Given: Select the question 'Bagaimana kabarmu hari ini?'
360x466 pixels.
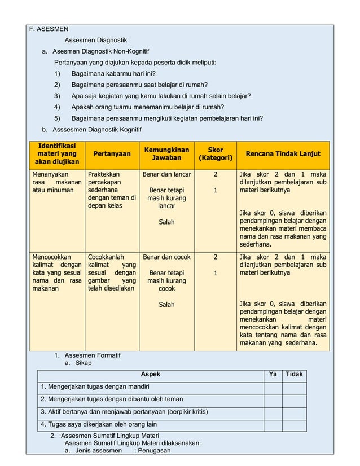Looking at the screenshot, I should coord(113,73).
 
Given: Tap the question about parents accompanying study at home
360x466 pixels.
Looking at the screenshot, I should coord(147,107).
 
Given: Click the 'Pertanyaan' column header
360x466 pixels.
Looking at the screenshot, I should coord(112,153).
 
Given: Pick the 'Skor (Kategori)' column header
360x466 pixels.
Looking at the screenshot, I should coord(215,154).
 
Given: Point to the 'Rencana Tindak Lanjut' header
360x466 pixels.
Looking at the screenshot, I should coord(283,153).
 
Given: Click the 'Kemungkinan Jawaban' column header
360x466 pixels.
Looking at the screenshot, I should coord(166,154).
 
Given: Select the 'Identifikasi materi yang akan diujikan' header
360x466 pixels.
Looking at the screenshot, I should coord(57,153).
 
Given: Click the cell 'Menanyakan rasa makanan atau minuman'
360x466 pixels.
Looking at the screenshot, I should coord(57,182).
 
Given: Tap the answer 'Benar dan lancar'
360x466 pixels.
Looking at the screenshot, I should coord(166,174).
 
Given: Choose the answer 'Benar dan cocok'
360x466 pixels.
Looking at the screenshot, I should coord(166,257).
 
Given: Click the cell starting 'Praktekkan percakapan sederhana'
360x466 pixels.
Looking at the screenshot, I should coord(112,190).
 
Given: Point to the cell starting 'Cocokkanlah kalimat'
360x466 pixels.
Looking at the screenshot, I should coord(112,272).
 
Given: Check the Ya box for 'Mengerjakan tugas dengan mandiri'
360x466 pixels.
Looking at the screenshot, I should coord(273,387).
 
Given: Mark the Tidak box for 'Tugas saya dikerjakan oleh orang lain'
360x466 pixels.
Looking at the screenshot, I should coord(294,424).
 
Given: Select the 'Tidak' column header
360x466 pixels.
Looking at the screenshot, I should coord(294,375).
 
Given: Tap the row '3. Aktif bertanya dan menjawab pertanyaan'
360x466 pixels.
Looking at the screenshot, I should coord(124,412).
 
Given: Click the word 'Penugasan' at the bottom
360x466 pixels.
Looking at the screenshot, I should coord(153,450).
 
